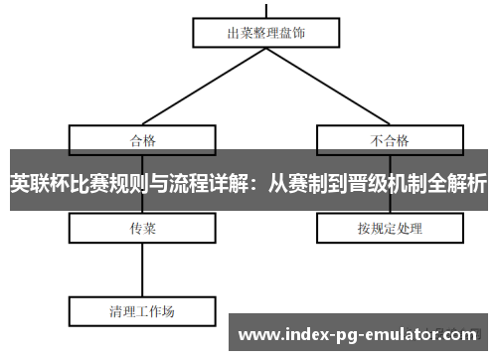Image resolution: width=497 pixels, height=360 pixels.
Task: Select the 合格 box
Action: pyautogui.click(x=142, y=138)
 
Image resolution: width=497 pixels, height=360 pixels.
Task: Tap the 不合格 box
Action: pyautogui.click(x=390, y=138)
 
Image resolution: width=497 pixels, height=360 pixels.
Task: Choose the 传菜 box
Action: pyautogui.click(x=142, y=229)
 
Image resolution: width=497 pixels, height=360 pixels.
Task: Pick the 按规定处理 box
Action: pyautogui.click(x=390, y=229)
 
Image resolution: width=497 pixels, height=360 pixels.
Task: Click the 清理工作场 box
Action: pyautogui.click(x=142, y=311)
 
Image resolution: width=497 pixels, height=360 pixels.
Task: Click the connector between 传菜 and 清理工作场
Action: pyautogui.click(x=142, y=270)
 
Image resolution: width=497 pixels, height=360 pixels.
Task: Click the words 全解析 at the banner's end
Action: pyautogui.click(x=453, y=183)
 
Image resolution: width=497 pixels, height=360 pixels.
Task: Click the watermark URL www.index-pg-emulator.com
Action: pyautogui.click(x=359, y=334)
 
